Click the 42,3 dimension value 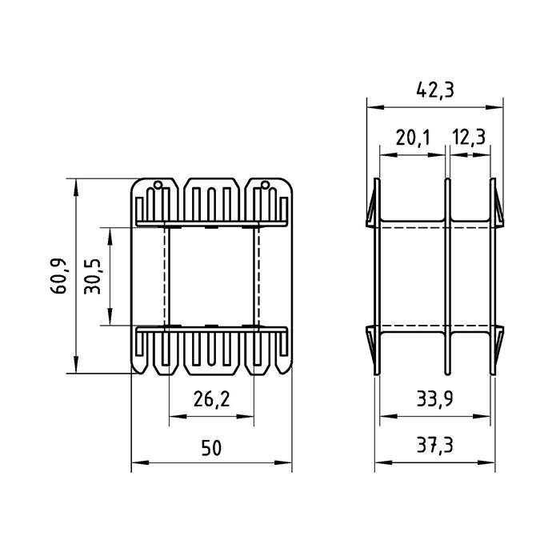pos(434,91)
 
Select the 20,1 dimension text pos(412,138)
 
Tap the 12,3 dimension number pos(469,138)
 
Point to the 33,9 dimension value pos(434,399)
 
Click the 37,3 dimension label pos(434,446)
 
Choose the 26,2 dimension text pos(211,399)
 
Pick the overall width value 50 pos(211,447)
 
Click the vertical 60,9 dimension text pos(58,276)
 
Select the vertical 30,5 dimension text pos(93,276)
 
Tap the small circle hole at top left pos(158,184)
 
